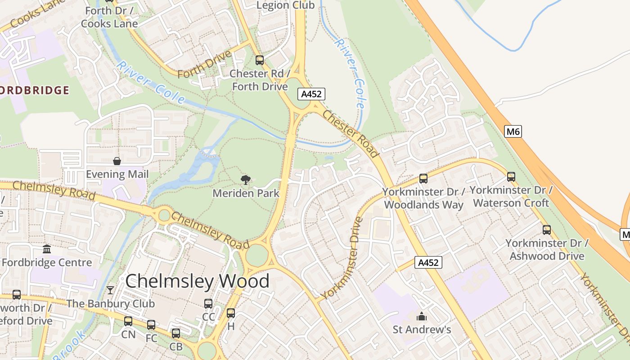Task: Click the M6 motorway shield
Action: tap(513, 131)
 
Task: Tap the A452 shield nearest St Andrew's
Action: tap(428, 262)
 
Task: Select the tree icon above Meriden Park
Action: tap(246, 180)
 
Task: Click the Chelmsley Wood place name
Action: tap(197, 281)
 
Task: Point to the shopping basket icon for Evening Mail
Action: tap(117, 161)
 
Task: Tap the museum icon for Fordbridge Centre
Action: tap(47, 249)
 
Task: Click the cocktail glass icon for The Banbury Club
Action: tap(110, 290)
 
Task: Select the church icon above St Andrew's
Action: tap(422, 316)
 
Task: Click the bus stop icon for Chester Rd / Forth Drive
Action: tap(259, 60)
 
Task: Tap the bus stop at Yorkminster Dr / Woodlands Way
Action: tap(423, 178)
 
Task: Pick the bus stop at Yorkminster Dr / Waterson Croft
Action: tap(511, 176)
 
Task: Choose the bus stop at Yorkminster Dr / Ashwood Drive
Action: tap(546, 229)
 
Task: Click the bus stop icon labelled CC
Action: tap(208, 303)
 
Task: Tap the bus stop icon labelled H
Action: tap(231, 313)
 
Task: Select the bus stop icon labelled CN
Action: tap(128, 321)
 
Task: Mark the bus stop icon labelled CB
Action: tap(175, 333)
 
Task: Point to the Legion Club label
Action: tap(285, 5)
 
